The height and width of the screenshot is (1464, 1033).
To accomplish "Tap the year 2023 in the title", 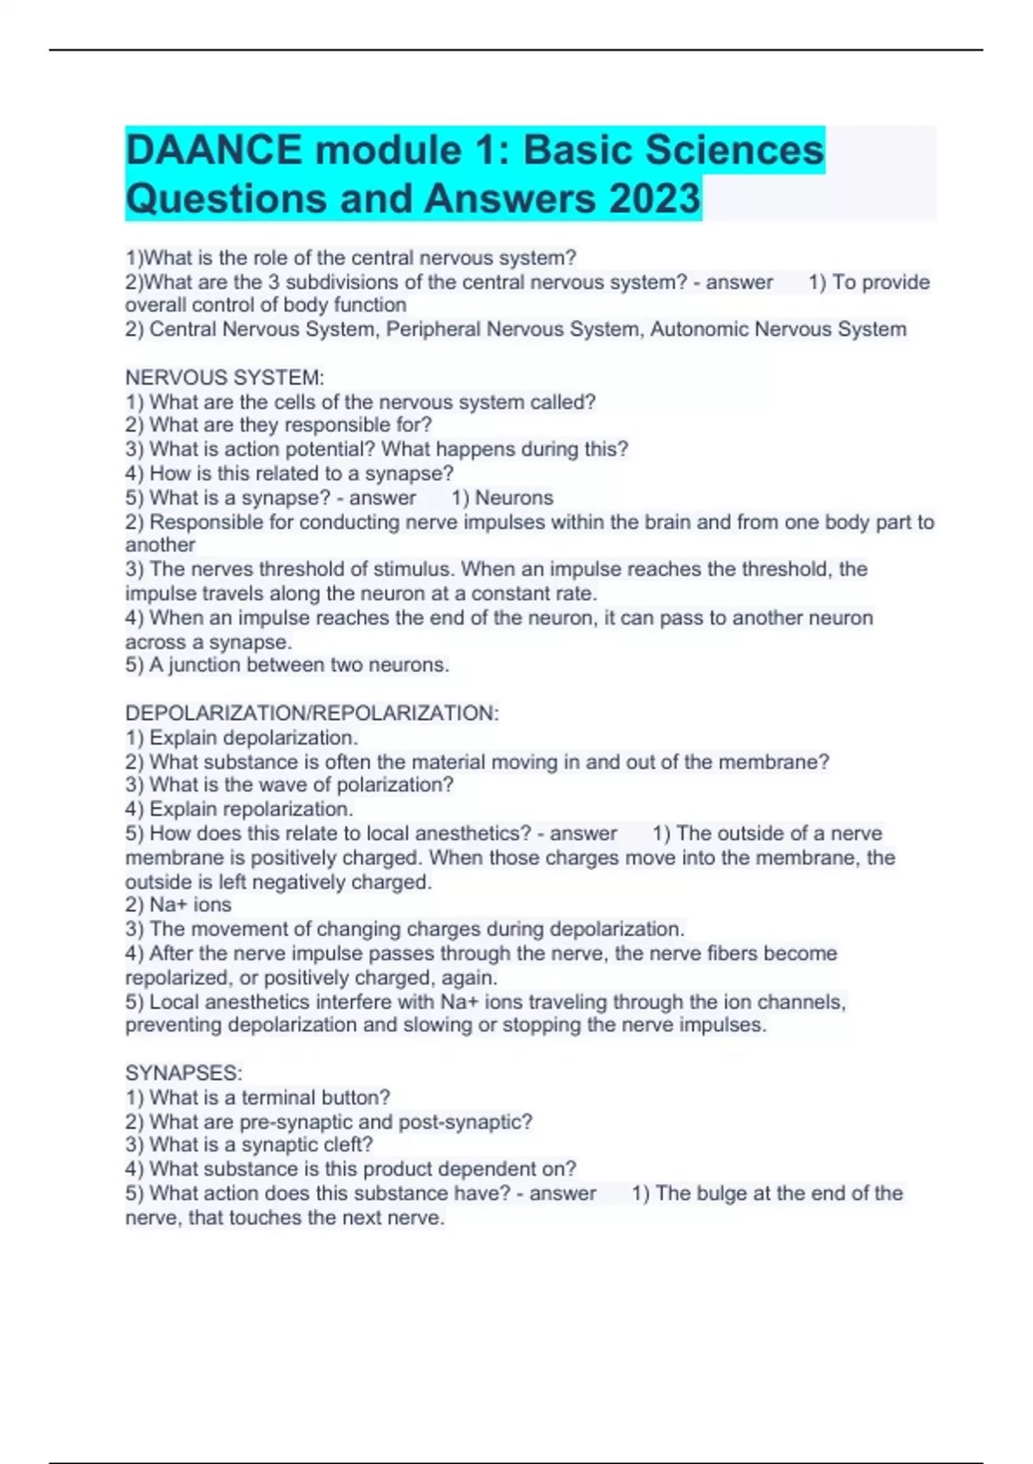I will (x=655, y=198).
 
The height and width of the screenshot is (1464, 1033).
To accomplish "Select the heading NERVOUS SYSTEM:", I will (x=225, y=377).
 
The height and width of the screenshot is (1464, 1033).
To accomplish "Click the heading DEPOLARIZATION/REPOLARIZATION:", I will (x=312, y=713).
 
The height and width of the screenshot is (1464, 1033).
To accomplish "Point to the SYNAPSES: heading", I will (x=183, y=1073).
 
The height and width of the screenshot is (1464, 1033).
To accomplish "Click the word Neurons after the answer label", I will (x=514, y=498).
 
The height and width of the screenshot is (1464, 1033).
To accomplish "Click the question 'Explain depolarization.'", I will (x=253, y=738).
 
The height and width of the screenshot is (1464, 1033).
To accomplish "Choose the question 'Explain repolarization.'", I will (x=251, y=810).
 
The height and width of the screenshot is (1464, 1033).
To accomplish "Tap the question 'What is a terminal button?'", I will (x=269, y=1098).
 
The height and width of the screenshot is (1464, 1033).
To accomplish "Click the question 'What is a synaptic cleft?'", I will (x=261, y=1145).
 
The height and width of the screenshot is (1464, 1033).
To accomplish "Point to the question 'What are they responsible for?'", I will (x=290, y=425).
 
